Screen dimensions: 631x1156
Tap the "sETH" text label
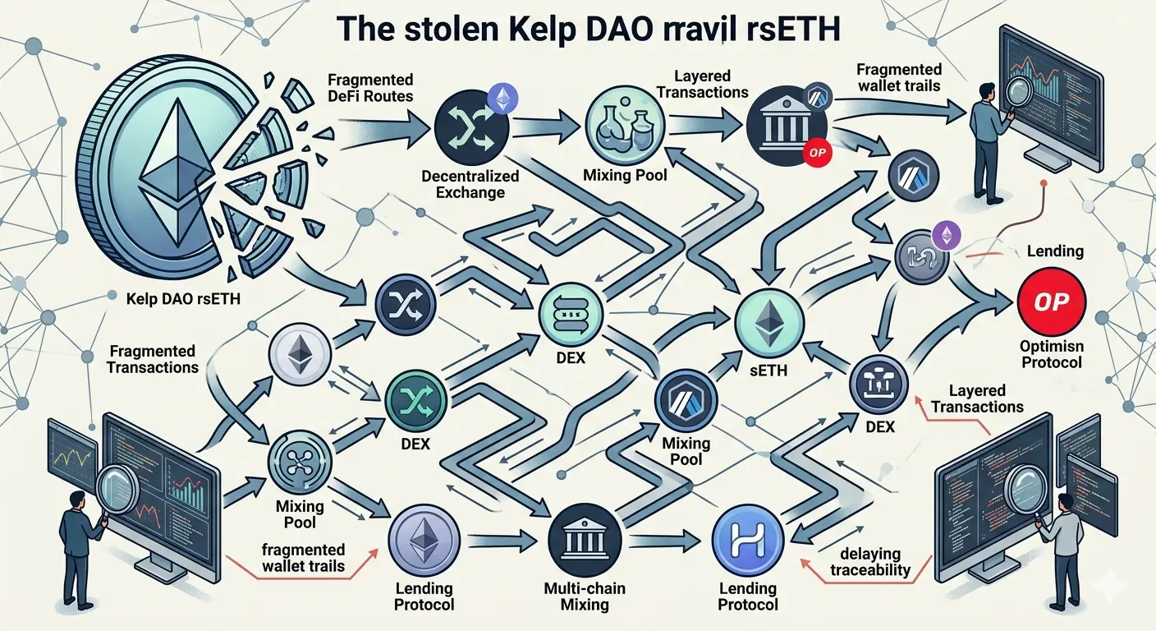click(768, 370)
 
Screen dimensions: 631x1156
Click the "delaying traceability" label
click(870, 562)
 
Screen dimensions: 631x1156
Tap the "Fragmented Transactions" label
click(153, 359)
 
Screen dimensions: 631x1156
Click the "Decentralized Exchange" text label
click(470, 184)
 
